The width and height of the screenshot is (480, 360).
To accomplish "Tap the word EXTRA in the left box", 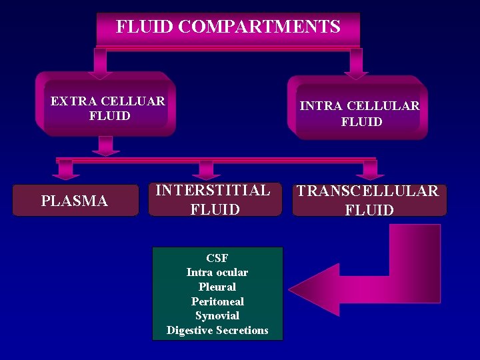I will (x=69, y=101).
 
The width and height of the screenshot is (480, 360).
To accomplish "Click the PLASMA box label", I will (x=75, y=201).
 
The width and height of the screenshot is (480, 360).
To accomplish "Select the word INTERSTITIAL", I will (x=213, y=191).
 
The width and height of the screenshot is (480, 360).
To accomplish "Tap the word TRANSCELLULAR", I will (x=368, y=191).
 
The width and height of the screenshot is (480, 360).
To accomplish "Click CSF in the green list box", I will (x=217, y=258).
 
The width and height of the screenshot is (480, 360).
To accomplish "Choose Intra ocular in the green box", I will (x=217, y=272).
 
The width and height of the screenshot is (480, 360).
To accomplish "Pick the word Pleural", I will (x=217, y=287).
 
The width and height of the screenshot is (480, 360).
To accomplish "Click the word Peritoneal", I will (x=217, y=301).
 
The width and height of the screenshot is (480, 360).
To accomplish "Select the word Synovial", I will (x=217, y=315).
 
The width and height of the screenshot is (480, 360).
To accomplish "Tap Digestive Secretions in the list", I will (x=217, y=330).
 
